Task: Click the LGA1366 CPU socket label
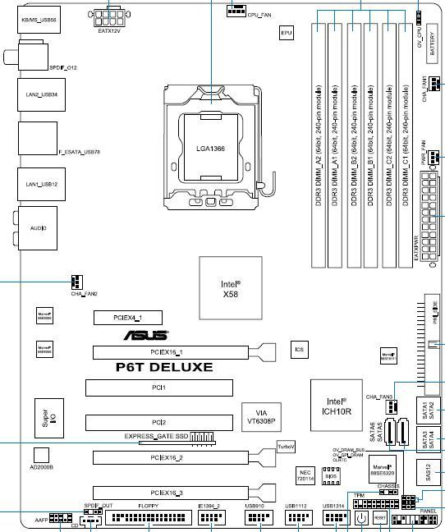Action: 211,148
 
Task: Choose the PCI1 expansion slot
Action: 158,387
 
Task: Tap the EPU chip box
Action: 287,33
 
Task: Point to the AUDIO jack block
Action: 38,227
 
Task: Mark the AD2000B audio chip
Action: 41,458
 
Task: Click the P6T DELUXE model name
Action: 164,367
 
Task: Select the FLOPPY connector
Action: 148,519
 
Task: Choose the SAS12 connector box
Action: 430,471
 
